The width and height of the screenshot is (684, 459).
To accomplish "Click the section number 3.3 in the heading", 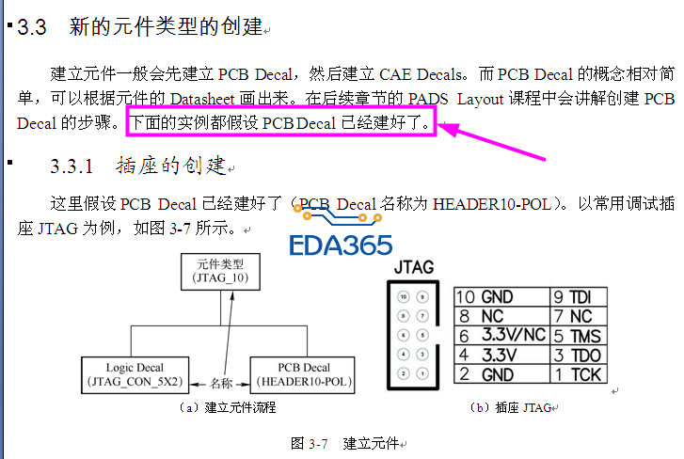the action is click(32, 27).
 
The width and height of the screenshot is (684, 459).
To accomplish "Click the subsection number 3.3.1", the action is click(72, 166).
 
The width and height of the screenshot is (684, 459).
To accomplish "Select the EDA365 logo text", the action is click(341, 245).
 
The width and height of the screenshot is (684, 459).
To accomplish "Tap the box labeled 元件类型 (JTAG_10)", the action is click(220, 272).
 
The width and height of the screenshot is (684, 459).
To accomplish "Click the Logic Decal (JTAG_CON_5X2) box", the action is click(135, 375).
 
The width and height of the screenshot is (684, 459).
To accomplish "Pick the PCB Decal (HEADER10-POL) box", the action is click(302, 375).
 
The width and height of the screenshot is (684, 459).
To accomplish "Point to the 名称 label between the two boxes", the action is click(221, 383).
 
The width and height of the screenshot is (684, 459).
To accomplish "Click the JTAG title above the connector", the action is click(414, 267).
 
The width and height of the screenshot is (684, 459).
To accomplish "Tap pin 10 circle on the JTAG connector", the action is click(404, 297).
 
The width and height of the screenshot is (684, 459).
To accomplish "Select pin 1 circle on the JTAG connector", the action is click(422, 373).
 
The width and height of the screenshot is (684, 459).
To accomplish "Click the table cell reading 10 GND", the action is click(501, 297).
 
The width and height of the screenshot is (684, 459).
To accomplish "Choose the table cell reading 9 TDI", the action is click(579, 297).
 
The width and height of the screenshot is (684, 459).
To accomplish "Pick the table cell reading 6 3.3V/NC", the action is click(501, 335).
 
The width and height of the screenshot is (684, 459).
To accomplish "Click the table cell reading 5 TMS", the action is click(579, 336).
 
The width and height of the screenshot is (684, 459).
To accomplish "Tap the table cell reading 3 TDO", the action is click(579, 355).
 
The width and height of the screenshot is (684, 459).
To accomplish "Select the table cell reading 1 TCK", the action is click(579, 374).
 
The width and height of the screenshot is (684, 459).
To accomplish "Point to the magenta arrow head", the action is click(450, 129).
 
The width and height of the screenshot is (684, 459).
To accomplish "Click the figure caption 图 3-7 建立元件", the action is click(348, 444).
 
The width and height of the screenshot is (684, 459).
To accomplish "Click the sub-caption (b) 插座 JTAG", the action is click(514, 407).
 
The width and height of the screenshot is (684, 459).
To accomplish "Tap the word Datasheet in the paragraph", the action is click(202, 99).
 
